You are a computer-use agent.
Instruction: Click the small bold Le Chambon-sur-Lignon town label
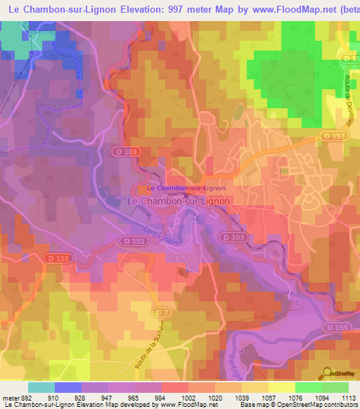coord(186,188)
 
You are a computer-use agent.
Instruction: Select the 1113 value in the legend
coord(349,397)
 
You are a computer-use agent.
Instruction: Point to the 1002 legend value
coord(188,397)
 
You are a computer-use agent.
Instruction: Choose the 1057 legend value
coord(269,397)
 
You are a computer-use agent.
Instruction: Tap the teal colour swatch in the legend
coord(41,387)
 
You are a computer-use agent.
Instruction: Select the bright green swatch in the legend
coord(309,387)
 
